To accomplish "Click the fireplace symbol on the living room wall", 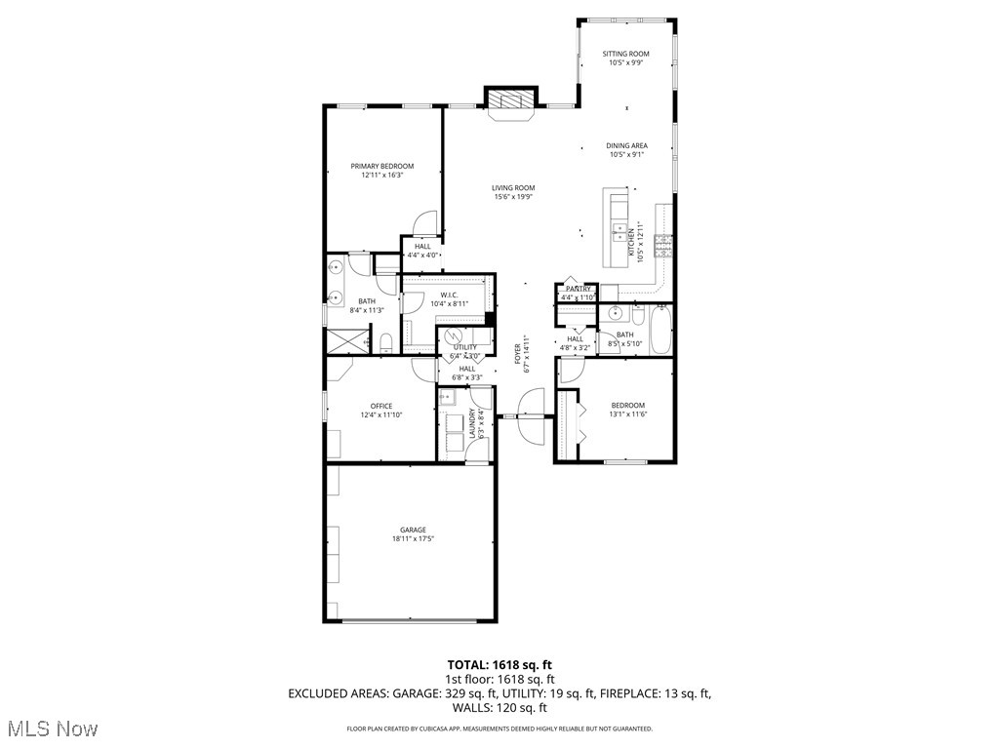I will (511, 100).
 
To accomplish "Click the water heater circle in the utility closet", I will (456, 336).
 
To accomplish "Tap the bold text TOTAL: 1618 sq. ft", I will (499, 664).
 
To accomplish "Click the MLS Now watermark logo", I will (51, 729).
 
